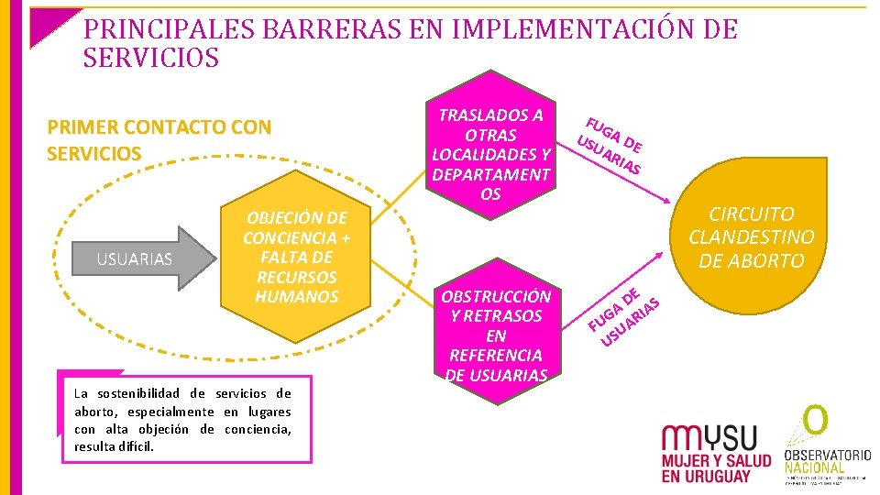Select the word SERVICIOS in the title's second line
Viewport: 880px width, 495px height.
tap(151, 59)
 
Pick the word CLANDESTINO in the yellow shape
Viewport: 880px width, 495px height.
tap(751, 236)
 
